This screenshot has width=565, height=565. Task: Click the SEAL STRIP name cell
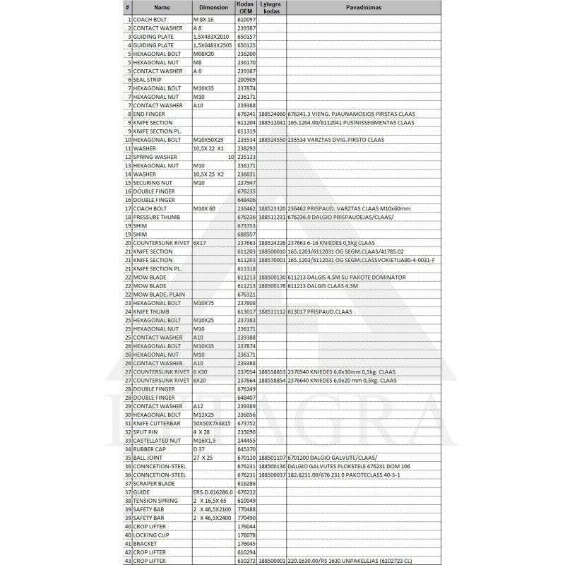pyautogui.click(x=152, y=80)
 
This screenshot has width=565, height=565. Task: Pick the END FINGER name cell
pyautogui.click(x=151, y=114)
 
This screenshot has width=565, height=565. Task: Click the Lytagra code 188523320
pyautogui.click(x=272, y=208)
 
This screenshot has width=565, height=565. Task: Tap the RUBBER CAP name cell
pyautogui.click(x=152, y=448)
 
